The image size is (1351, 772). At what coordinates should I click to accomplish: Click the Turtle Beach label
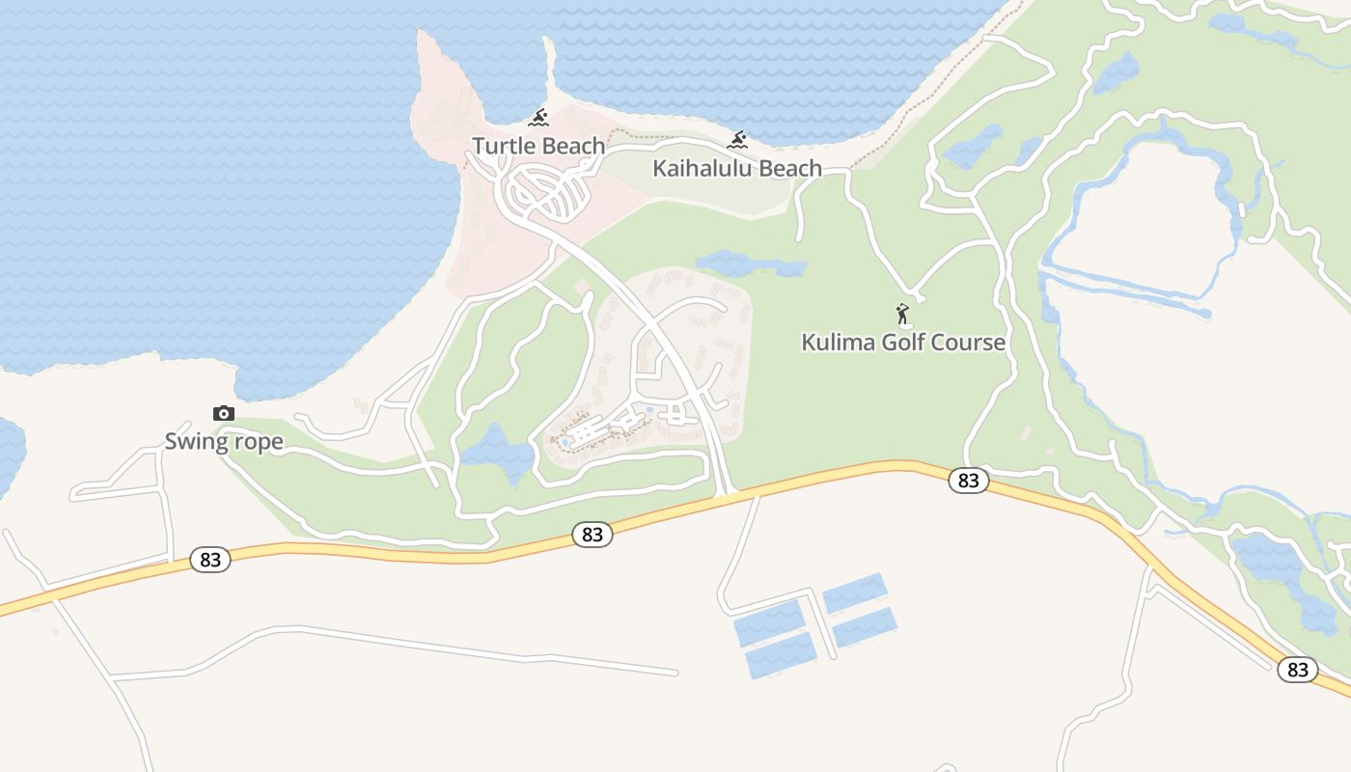538,146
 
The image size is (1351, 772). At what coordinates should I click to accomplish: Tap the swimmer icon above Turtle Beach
538,119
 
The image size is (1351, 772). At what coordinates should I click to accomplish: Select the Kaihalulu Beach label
737,168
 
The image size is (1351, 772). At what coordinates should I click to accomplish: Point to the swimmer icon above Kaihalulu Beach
737,141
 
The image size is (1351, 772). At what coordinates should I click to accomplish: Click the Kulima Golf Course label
903,342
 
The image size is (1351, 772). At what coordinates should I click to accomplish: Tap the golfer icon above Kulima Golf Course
903,315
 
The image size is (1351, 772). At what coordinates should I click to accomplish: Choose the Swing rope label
224,442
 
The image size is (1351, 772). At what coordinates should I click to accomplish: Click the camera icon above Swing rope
224,414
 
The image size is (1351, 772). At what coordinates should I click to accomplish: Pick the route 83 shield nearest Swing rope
209,559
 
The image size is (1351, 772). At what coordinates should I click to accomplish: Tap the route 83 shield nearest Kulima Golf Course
968,480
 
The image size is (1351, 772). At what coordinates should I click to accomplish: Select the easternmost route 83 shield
1298,669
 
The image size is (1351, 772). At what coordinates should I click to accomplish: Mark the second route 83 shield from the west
593,534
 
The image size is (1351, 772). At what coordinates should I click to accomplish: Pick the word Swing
194,442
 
